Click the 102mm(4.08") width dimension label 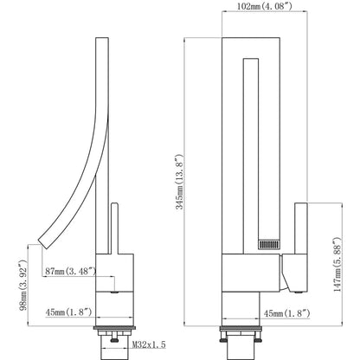pos(265,6)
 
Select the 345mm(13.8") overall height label pos(179,182)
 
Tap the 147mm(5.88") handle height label pos(337,265)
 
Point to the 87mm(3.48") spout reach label pos(70,271)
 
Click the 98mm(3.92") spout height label pos(23,285)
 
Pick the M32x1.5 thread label pos(149,344)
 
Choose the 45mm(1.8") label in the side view pos(68,312)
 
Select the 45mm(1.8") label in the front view pos(287,313)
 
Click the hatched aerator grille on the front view pos(269,245)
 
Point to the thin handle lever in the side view pos(114,228)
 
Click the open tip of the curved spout pos(43,244)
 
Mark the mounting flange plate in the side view pos(114,328)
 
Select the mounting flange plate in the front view pos(241,329)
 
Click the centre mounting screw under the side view pos(114,337)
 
